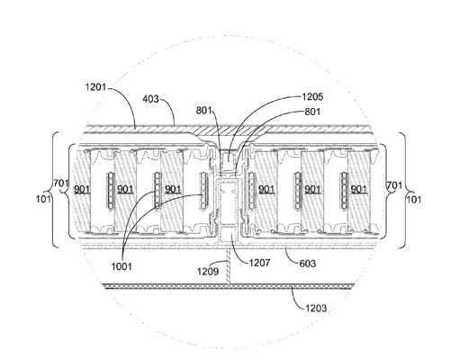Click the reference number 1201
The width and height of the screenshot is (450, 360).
click(x=95, y=87)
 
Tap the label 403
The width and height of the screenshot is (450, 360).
click(x=150, y=99)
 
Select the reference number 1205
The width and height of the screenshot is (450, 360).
click(x=312, y=96)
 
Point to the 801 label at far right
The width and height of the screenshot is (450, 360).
click(x=312, y=112)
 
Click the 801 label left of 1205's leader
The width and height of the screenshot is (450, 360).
click(x=204, y=111)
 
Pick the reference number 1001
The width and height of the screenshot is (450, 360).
click(x=121, y=266)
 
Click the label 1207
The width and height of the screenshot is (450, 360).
click(x=260, y=263)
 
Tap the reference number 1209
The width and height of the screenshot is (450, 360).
click(x=208, y=271)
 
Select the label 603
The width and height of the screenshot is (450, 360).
click(x=308, y=264)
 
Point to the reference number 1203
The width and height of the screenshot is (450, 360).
click(x=316, y=308)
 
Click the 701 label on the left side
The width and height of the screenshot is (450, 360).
click(x=61, y=183)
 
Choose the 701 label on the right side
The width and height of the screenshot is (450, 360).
click(x=394, y=185)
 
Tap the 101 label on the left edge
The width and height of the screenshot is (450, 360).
click(x=43, y=199)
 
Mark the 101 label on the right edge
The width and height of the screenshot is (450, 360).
click(x=414, y=199)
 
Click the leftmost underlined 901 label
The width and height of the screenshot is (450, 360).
click(x=82, y=189)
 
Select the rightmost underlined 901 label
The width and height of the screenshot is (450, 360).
click(x=359, y=189)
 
